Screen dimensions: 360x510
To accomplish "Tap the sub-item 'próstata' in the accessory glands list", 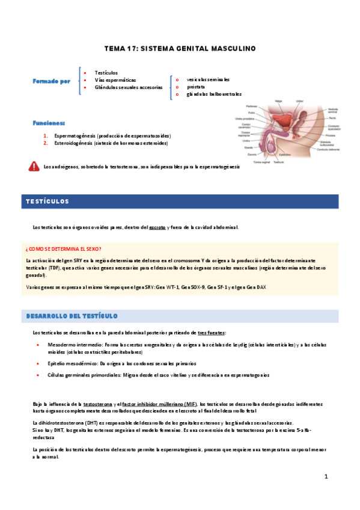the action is coord(197,87).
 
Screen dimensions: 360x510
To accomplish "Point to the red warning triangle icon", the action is coord(34,167).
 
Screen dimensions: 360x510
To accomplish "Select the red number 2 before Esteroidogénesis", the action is coord(46,144).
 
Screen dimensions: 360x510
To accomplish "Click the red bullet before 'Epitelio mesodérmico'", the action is coord(38,364).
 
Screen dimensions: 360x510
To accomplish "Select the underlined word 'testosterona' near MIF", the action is coord(97,404).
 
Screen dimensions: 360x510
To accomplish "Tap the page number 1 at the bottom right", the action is coord(326,477).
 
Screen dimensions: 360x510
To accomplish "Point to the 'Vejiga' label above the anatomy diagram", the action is coord(279,100).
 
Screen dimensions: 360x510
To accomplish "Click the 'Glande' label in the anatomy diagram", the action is coord(248,147).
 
